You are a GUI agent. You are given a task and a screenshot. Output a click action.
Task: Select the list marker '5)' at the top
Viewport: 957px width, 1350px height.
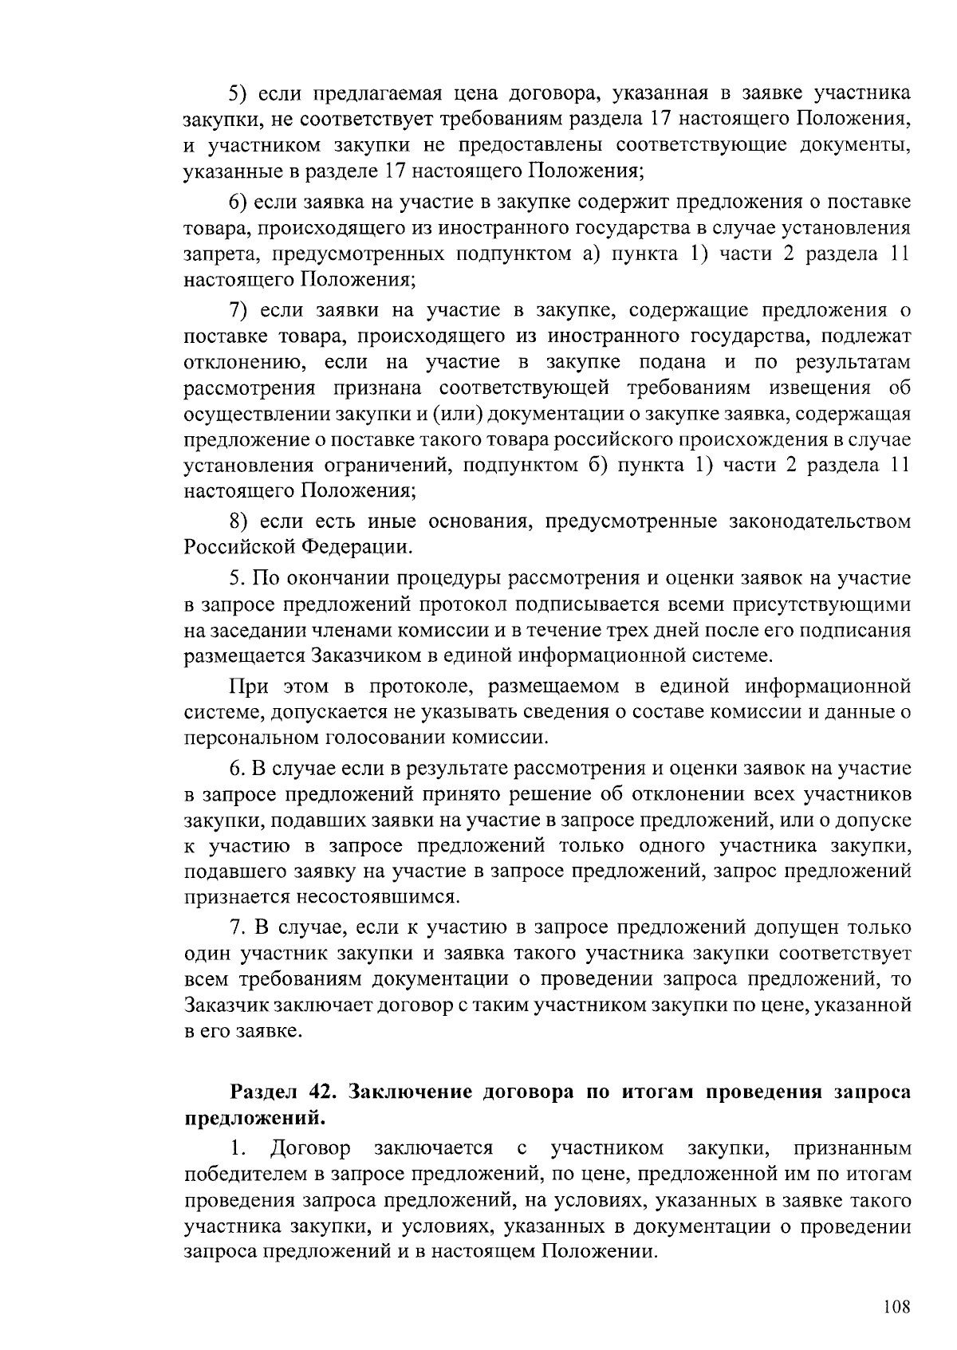[x=242, y=93]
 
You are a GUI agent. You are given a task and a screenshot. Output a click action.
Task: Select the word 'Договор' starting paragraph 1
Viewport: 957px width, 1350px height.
[x=310, y=1149]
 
